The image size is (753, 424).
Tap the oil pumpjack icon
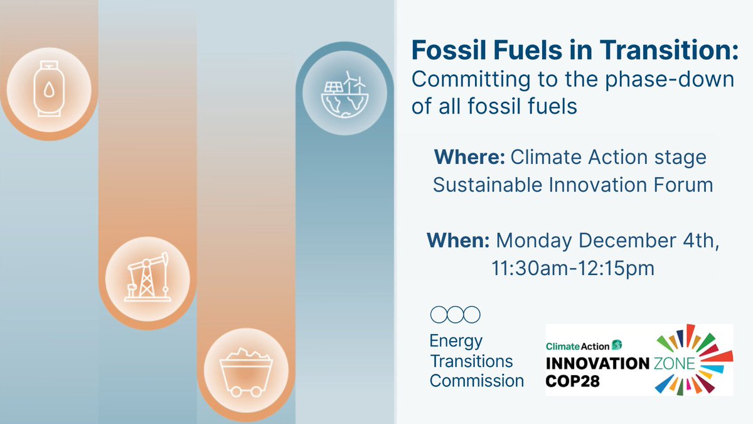tap(147, 276)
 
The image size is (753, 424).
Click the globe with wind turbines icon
tap(343, 95)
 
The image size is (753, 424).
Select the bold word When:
tap(458, 241)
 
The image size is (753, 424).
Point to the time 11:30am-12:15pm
tap(572, 268)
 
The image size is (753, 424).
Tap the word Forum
tap(681, 185)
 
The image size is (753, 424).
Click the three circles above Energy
tap(455, 313)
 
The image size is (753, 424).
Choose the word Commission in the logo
tap(477, 380)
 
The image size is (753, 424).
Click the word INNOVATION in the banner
tap(597, 364)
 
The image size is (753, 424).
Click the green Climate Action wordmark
tap(577, 345)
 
